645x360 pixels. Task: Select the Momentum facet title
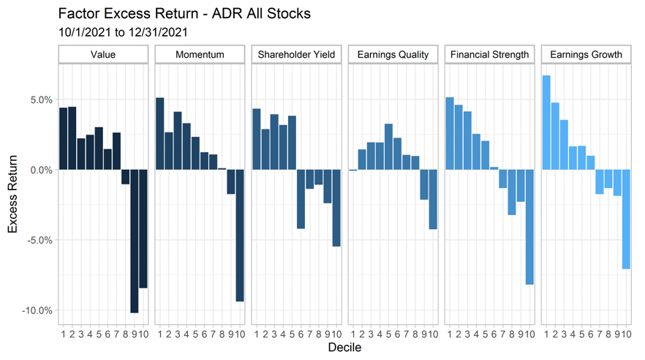pos(200,55)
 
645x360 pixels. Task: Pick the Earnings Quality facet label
pos(393,55)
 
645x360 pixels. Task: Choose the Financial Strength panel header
pos(489,55)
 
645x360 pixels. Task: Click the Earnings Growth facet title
pos(586,55)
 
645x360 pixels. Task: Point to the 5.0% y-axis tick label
pos(39,100)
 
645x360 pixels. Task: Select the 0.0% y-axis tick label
pos(39,170)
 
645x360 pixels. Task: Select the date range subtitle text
pos(120,32)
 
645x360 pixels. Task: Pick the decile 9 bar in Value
pos(134,241)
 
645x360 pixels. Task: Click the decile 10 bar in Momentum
pos(240,235)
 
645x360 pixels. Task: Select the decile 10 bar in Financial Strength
pos(529,227)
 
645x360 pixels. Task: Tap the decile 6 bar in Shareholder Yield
pos(301,199)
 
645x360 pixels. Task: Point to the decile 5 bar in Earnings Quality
pos(388,146)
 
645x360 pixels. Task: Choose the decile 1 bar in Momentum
pos(160,133)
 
